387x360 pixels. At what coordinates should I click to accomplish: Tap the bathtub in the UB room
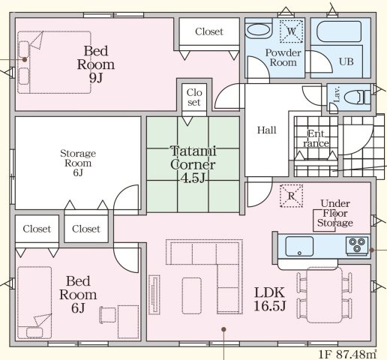pos(339,31)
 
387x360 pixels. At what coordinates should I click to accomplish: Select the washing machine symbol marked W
pos(291,31)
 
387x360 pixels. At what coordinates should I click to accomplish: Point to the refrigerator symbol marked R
pos(291,196)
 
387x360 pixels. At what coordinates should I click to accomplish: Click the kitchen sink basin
pos(299,246)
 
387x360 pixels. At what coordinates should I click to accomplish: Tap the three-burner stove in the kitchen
pos(357,245)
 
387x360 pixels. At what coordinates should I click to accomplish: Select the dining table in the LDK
pos(325,295)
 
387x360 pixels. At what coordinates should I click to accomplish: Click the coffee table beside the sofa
pos(192,295)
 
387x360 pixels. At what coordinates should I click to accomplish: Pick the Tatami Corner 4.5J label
pos(193,164)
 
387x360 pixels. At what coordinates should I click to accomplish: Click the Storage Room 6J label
pos(78,163)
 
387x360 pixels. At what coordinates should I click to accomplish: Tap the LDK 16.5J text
pos(269,299)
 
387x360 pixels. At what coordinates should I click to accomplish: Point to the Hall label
pos(267,130)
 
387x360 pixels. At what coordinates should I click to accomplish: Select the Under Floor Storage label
pos(335,213)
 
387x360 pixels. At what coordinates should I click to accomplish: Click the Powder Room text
pos(283,58)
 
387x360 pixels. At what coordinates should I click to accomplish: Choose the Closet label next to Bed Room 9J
pos(209,31)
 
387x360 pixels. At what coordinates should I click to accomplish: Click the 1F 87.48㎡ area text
pos(347,354)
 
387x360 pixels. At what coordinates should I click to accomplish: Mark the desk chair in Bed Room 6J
pos(108,315)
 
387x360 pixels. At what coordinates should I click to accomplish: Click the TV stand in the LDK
pos(154,295)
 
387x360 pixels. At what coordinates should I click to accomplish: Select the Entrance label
pos(316,138)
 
